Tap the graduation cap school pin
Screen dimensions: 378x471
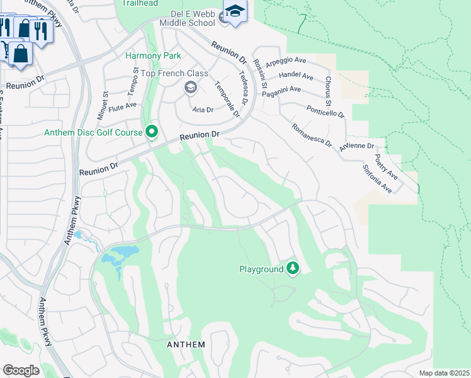[x=235, y=12]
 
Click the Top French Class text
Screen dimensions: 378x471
[x=174, y=73]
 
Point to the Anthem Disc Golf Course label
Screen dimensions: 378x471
[x=93, y=132]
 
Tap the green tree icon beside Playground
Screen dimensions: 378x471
[x=292, y=269]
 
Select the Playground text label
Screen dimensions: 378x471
[x=261, y=269]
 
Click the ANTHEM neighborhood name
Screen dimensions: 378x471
[x=186, y=345]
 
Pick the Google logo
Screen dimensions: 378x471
[x=21, y=370]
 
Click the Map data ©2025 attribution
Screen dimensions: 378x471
[x=444, y=373]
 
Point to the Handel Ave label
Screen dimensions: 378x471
[x=295, y=76]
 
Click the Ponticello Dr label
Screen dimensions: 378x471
[x=326, y=112]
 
